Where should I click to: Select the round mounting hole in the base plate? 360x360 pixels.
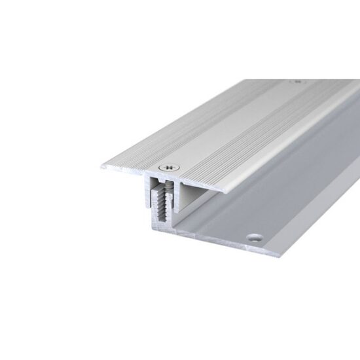point(253,234)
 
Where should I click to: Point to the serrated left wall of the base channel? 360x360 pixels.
point(154,209)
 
